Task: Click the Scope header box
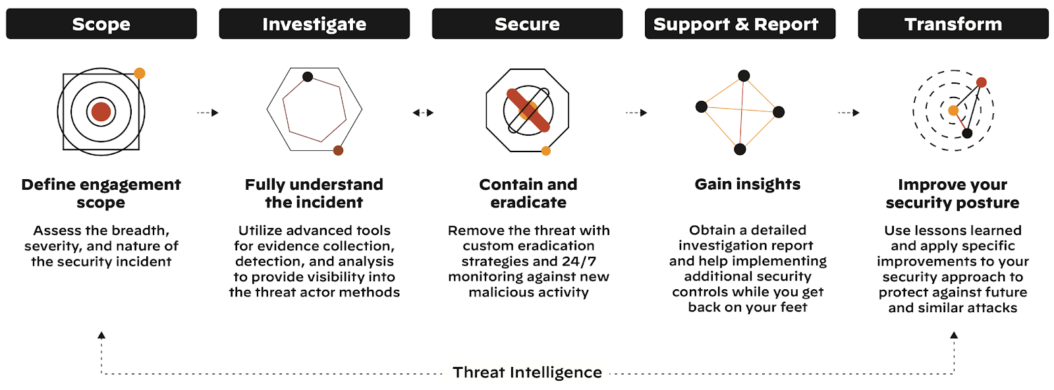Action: pyautogui.click(x=101, y=24)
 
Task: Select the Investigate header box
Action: pyautogui.click(x=314, y=24)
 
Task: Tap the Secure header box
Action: pyautogui.click(x=527, y=24)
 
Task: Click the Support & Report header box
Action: pyautogui.click(x=740, y=24)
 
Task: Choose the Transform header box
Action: pyautogui.click(x=953, y=24)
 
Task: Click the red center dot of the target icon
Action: pyautogui.click(x=101, y=111)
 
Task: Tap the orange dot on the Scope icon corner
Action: pyautogui.click(x=140, y=73)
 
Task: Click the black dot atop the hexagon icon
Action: pyautogui.click(x=308, y=76)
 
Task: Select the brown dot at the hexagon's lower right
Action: pyautogui.click(x=338, y=150)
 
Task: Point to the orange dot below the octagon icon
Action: pyautogui.click(x=545, y=151)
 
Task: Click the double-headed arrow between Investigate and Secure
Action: pyautogui.click(x=423, y=113)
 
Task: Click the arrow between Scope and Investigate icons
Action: pyautogui.click(x=208, y=113)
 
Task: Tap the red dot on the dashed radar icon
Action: pyautogui.click(x=982, y=82)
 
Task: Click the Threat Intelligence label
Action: pyautogui.click(x=527, y=372)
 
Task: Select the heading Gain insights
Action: pyautogui.click(x=747, y=184)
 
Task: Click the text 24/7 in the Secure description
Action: pyautogui.click(x=579, y=261)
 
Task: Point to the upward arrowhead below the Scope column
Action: pyautogui.click(x=101, y=335)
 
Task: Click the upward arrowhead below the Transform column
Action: pyautogui.click(x=954, y=335)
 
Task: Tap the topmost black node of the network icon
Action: pyautogui.click(x=744, y=76)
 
